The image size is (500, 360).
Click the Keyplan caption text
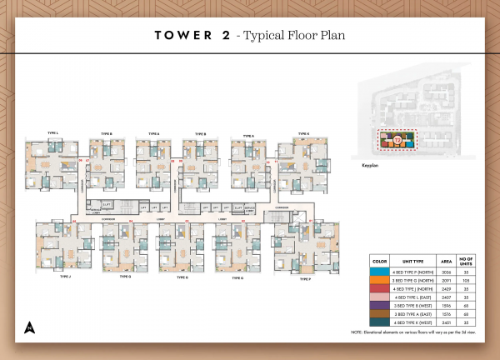coord(371,167)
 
